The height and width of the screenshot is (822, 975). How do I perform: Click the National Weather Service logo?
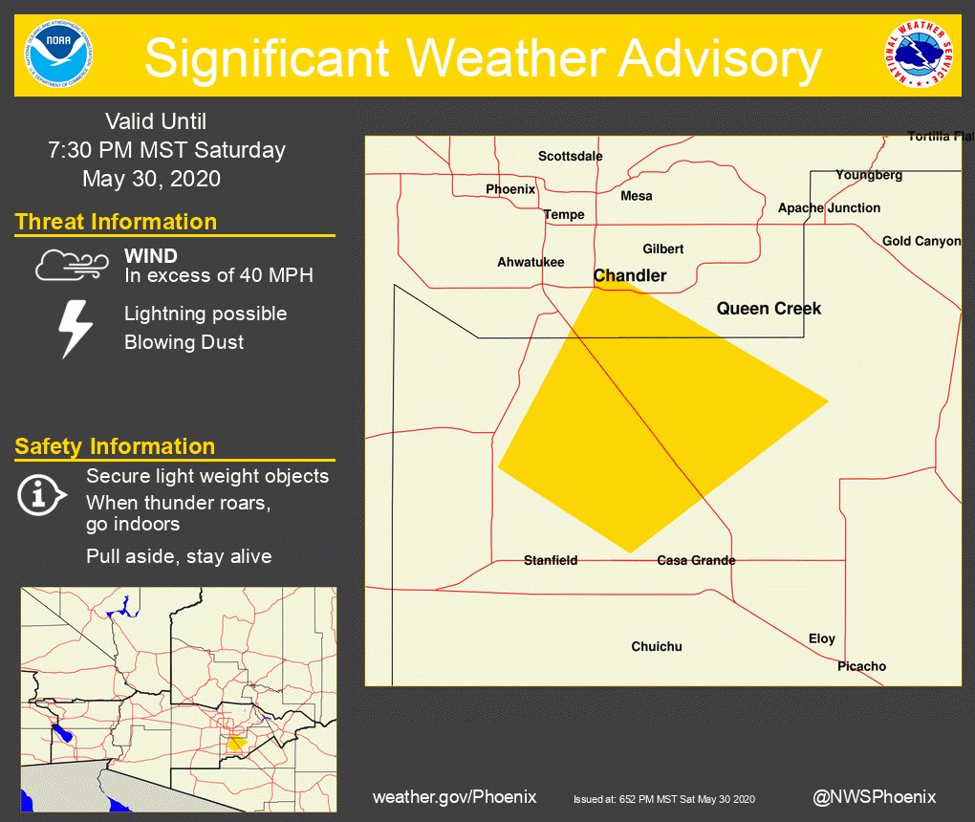pyautogui.click(x=918, y=54)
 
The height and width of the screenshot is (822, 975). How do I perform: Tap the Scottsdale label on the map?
pyautogui.click(x=570, y=156)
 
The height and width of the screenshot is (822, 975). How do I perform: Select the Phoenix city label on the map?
pyautogui.click(x=510, y=189)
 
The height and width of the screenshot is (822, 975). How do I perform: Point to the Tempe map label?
pyautogui.click(x=564, y=214)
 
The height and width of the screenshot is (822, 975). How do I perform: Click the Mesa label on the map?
pyautogui.click(x=637, y=196)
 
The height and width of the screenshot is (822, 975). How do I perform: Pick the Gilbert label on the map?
pyautogui.click(x=662, y=249)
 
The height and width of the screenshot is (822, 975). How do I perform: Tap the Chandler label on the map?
pyautogui.click(x=630, y=275)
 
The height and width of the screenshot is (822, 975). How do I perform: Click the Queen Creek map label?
pyautogui.click(x=769, y=308)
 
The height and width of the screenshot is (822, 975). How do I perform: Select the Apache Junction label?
pyautogui.click(x=829, y=207)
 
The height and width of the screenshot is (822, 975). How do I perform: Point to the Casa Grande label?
pyautogui.click(x=696, y=560)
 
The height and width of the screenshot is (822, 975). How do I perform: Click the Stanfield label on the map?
pyautogui.click(x=551, y=560)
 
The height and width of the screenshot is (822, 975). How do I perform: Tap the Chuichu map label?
pyautogui.click(x=657, y=646)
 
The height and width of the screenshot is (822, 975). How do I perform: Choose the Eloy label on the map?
pyautogui.click(x=822, y=638)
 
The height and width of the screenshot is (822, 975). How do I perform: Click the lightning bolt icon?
pyautogui.click(x=76, y=329)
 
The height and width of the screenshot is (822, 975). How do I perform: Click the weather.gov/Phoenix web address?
pyautogui.click(x=454, y=796)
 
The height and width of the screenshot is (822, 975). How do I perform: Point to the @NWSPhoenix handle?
pyautogui.click(x=874, y=796)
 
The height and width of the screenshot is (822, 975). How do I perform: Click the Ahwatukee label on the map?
pyautogui.click(x=531, y=262)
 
